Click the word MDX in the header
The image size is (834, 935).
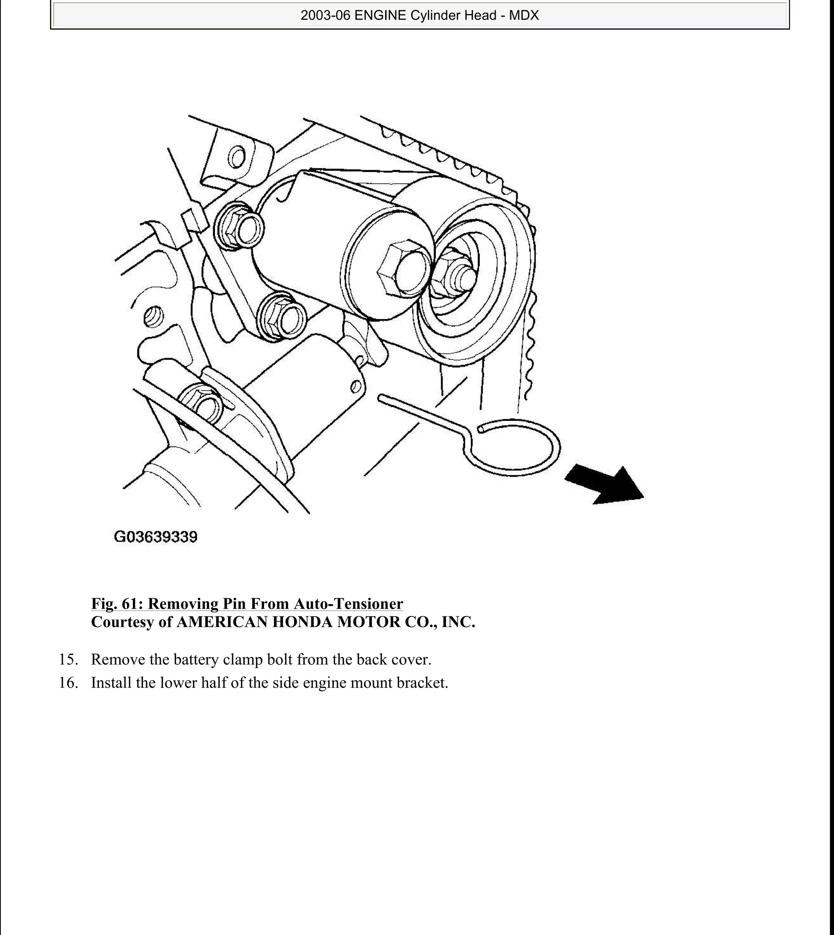point(524,15)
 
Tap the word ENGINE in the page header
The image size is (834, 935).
point(380,15)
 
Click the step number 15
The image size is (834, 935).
point(68,660)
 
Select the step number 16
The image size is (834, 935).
point(68,683)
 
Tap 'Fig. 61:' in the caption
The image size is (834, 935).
point(117,604)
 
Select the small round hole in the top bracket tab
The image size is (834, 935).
point(237,158)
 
